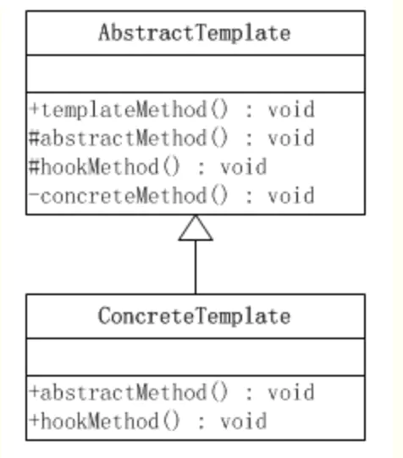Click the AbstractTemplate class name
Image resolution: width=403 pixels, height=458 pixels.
click(x=195, y=33)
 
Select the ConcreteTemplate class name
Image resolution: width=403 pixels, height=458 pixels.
click(x=195, y=316)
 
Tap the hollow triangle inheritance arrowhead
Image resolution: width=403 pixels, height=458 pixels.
click(x=196, y=228)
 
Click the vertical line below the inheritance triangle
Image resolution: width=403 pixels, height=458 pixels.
click(x=196, y=267)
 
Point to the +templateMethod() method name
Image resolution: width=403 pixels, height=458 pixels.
click(x=129, y=109)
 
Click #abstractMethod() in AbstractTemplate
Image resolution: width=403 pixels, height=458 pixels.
click(x=129, y=138)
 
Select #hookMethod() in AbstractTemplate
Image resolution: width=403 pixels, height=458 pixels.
click(x=104, y=167)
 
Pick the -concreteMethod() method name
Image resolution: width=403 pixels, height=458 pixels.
click(x=129, y=196)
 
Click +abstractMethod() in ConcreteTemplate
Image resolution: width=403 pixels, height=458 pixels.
click(x=129, y=393)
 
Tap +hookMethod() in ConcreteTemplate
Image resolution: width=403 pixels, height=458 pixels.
click(x=105, y=422)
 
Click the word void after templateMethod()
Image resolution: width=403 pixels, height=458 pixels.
click(x=291, y=109)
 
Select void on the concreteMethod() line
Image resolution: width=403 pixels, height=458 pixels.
click(x=291, y=196)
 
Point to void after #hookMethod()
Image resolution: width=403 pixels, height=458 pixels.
click(x=244, y=167)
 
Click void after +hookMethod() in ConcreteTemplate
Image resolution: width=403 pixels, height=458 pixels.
click(x=244, y=422)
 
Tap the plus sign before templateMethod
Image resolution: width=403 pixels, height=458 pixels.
click(x=34, y=109)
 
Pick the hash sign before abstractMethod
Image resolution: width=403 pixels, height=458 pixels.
click(x=34, y=138)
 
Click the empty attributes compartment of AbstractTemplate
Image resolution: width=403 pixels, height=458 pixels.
click(x=196, y=74)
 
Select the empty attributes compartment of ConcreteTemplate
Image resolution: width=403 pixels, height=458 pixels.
click(x=196, y=357)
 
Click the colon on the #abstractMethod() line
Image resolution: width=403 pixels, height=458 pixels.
click(x=249, y=139)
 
